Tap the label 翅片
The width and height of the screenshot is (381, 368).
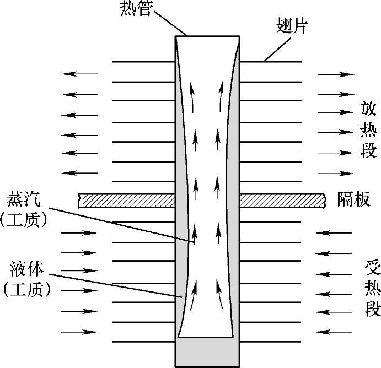click(292, 26)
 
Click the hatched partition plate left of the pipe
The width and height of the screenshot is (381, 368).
click(126, 199)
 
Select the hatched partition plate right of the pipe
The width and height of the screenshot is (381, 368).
click(281, 199)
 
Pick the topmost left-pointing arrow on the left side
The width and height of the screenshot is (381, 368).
click(79, 73)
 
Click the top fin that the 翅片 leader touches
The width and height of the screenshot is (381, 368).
click(271, 61)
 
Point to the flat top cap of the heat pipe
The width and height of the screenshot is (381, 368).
click(207, 36)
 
